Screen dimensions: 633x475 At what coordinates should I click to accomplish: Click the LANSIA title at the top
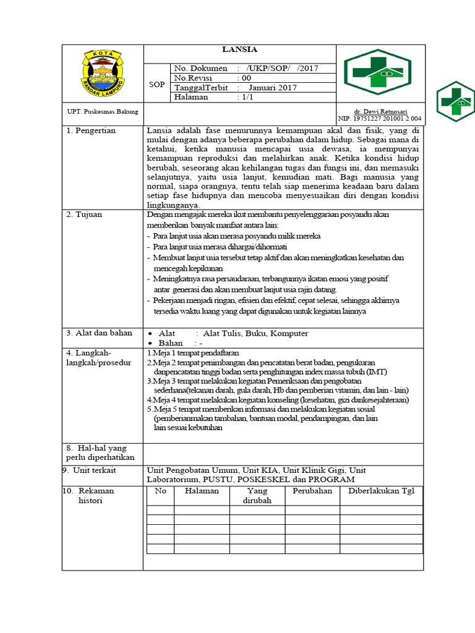pyautogui.click(x=240, y=50)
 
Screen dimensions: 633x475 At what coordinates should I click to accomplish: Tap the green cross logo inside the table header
pyautogui.click(x=377, y=72)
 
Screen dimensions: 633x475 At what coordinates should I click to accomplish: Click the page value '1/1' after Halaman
pyautogui.click(x=246, y=98)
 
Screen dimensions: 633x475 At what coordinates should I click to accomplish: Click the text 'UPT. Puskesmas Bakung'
pyautogui.click(x=102, y=111)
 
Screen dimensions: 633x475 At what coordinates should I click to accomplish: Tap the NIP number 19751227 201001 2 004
pyautogui.click(x=380, y=118)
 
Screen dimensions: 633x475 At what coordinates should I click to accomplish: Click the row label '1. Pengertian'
pyautogui.click(x=91, y=131)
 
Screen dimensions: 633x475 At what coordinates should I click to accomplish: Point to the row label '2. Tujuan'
pyautogui.click(x=84, y=215)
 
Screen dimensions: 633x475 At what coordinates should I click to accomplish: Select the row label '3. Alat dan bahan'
pyautogui.click(x=99, y=333)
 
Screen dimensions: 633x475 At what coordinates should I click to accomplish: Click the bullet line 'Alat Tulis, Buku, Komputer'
pyautogui.click(x=251, y=334)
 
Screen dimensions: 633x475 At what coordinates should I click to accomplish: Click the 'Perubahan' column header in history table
pyautogui.click(x=312, y=491)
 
